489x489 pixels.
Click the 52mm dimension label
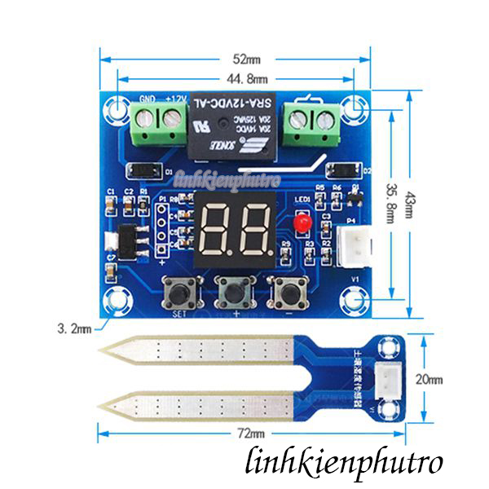click(245, 59)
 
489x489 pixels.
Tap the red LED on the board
click(302, 222)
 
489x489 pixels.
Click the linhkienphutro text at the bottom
click(344, 463)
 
